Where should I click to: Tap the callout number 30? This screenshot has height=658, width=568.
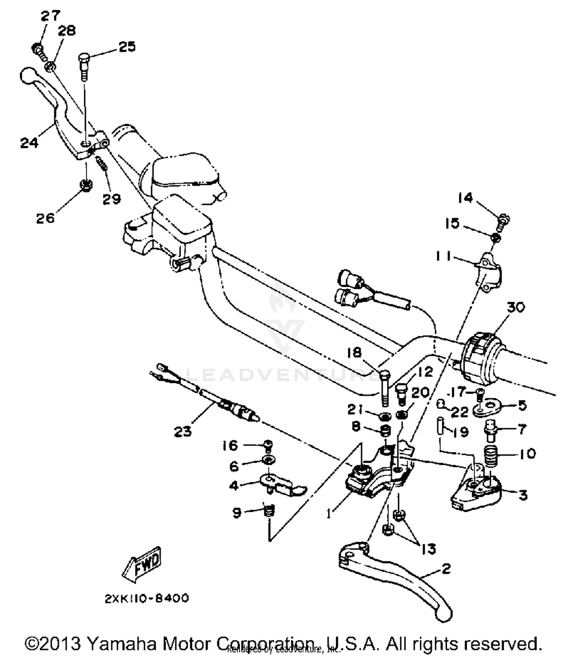pos(515,307)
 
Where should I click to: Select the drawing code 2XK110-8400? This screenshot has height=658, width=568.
pos(147,599)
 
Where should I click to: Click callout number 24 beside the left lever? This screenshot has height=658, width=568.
pos(30,143)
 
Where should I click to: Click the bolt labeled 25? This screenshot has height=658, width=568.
pos(84,66)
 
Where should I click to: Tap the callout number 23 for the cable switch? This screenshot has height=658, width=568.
pos(183,431)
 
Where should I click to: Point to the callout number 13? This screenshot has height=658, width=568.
pos(429,549)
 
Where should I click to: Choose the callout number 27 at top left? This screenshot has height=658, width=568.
pos(51,16)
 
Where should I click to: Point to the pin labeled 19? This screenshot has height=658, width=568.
pos(441,427)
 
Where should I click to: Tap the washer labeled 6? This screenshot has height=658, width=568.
pos(268,461)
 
